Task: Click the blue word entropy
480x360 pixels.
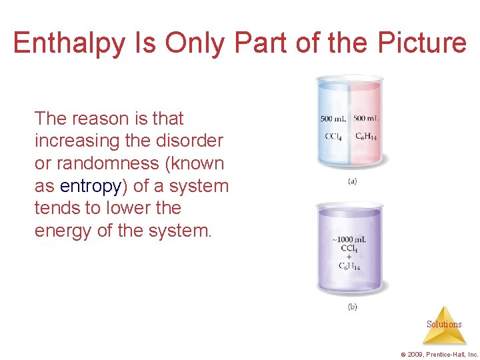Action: pos(90,185)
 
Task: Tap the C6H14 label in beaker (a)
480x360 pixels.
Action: pos(367,137)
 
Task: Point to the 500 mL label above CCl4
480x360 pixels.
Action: pos(334,119)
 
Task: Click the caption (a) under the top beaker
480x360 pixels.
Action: pos(351,181)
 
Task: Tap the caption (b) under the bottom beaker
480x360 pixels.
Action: pos(351,307)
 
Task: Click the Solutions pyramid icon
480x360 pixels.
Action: pos(444,324)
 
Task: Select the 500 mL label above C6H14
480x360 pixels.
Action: pos(367,119)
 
